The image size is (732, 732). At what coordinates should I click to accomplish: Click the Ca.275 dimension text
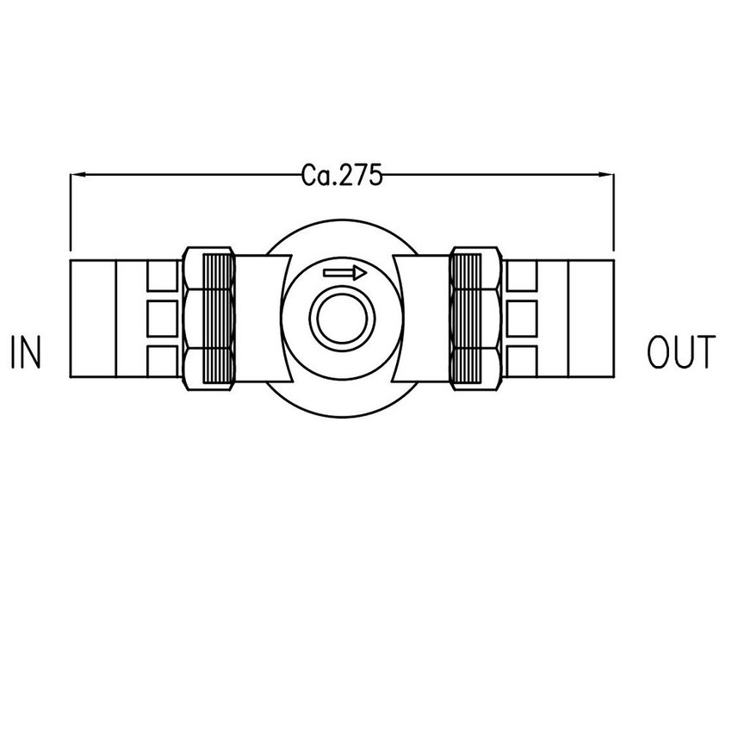[x=342, y=175]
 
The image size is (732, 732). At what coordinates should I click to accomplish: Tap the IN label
[x=26, y=353]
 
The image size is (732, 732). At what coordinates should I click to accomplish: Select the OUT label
[x=680, y=353]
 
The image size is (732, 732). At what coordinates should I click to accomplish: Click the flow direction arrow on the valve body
[x=344, y=273]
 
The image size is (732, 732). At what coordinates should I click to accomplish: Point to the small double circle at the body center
[x=342, y=318]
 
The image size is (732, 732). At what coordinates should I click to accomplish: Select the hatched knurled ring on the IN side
[x=217, y=318]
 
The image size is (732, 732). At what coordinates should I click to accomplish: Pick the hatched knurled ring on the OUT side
[x=467, y=318]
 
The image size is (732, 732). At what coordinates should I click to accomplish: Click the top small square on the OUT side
[x=523, y=276]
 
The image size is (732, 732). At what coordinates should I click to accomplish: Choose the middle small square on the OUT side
[x=523, y=318]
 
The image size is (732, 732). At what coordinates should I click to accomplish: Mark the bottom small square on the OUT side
[x=523, y=361]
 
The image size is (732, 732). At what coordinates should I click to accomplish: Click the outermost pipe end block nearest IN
[x=92, y=318]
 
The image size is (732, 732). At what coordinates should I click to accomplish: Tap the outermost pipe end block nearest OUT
[x=592, y=318]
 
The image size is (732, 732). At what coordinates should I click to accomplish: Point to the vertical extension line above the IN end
[x=70, y=215]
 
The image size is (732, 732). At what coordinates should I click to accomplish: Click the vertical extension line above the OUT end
[x=614, y=215]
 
